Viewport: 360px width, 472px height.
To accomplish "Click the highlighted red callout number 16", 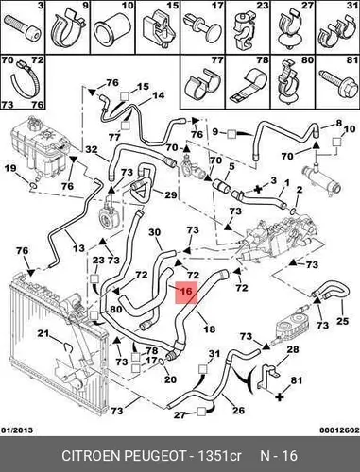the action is (186, 293).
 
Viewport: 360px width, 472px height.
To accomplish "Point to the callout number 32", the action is (92, 150).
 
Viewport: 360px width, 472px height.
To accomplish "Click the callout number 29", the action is (170, 195).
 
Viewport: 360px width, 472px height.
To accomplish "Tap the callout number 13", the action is (78, 248).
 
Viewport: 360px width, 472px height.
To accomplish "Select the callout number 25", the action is (342, 321).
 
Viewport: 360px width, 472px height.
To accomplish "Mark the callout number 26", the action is (238, 410).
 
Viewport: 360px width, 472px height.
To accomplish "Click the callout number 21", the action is (44, 333).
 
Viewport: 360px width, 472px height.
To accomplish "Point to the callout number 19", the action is (10, 168).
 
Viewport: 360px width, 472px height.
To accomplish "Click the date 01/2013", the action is (17, 430).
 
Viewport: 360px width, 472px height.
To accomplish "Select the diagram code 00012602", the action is (340, 430).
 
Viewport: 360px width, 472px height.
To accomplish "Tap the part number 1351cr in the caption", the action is (218, 455).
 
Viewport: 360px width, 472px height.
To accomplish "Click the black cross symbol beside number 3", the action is (258, 190).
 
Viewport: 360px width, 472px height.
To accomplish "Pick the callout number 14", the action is (159, 95).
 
